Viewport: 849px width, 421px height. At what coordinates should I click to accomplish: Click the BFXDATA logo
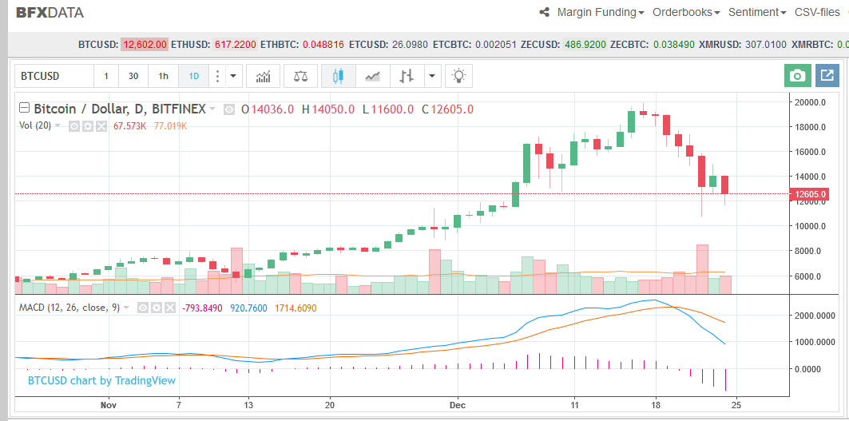(50, 13)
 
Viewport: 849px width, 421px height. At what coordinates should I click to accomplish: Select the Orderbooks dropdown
(686, 13)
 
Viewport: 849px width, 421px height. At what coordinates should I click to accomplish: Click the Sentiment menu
(757, 13)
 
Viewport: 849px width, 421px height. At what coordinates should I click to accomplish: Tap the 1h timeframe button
(163, 77)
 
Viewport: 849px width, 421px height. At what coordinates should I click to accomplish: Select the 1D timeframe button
(193, 77)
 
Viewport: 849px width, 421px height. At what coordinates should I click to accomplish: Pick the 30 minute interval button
(133, 77)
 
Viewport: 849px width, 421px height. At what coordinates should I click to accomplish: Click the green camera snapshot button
(796, 76)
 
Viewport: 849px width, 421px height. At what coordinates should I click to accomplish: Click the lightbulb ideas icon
(458, 77)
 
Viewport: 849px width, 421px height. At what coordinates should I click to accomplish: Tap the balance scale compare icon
(300, 77)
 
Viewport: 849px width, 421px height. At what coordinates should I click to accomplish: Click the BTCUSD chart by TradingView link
(101, 380)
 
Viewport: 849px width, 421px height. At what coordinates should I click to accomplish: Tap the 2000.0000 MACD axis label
(815, 316)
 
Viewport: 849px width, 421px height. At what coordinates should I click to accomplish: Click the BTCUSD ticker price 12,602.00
(145, 45)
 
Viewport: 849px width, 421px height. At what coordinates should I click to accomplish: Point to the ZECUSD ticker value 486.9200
(585, 45)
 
